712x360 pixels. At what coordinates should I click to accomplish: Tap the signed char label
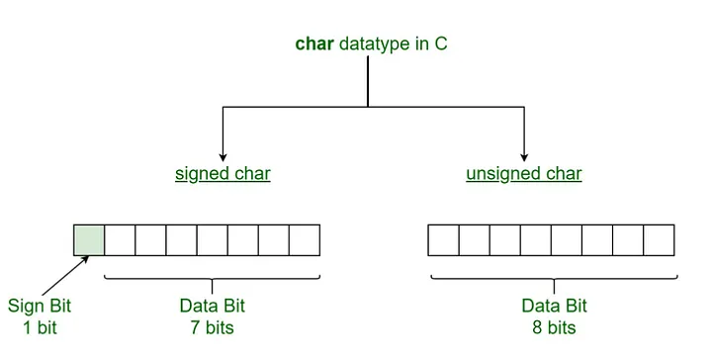coord(222,174)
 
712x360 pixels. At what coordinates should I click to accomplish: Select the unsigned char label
coord(523,174)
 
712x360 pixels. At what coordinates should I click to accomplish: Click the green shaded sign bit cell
coord(89,240)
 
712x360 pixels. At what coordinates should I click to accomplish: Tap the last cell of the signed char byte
coord(304,240)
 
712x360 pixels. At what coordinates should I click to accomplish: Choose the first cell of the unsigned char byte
coord(443,240)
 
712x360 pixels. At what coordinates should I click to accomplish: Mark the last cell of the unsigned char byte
coord(658,240)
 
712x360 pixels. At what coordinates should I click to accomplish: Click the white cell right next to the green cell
coord(120,240)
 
